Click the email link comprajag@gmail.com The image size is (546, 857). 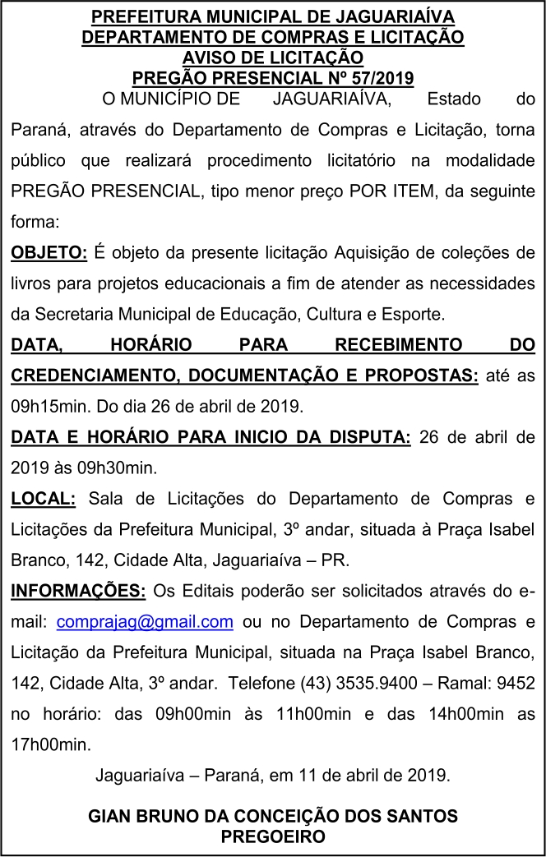click(145, 621)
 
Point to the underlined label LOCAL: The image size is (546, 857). click(43, 498)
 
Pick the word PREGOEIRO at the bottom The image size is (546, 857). click(273, 836)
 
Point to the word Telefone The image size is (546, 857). click(262, 683)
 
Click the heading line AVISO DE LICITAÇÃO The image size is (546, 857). click(273, 58)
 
